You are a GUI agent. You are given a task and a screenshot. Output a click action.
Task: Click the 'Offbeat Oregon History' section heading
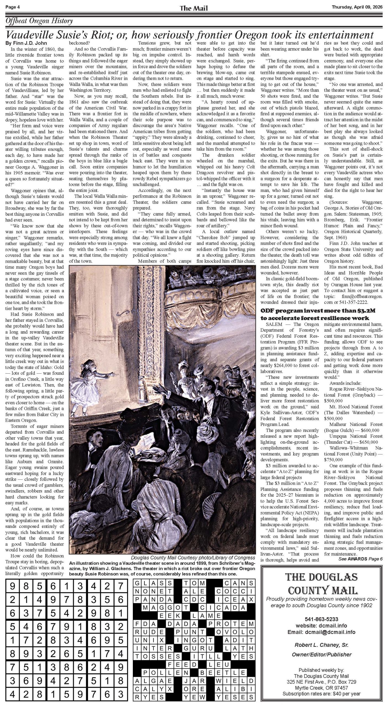pyautogui.click(x=39, y=21)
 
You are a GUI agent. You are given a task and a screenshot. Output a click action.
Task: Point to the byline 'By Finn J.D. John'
pyautogui.click(x=27, y=43)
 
